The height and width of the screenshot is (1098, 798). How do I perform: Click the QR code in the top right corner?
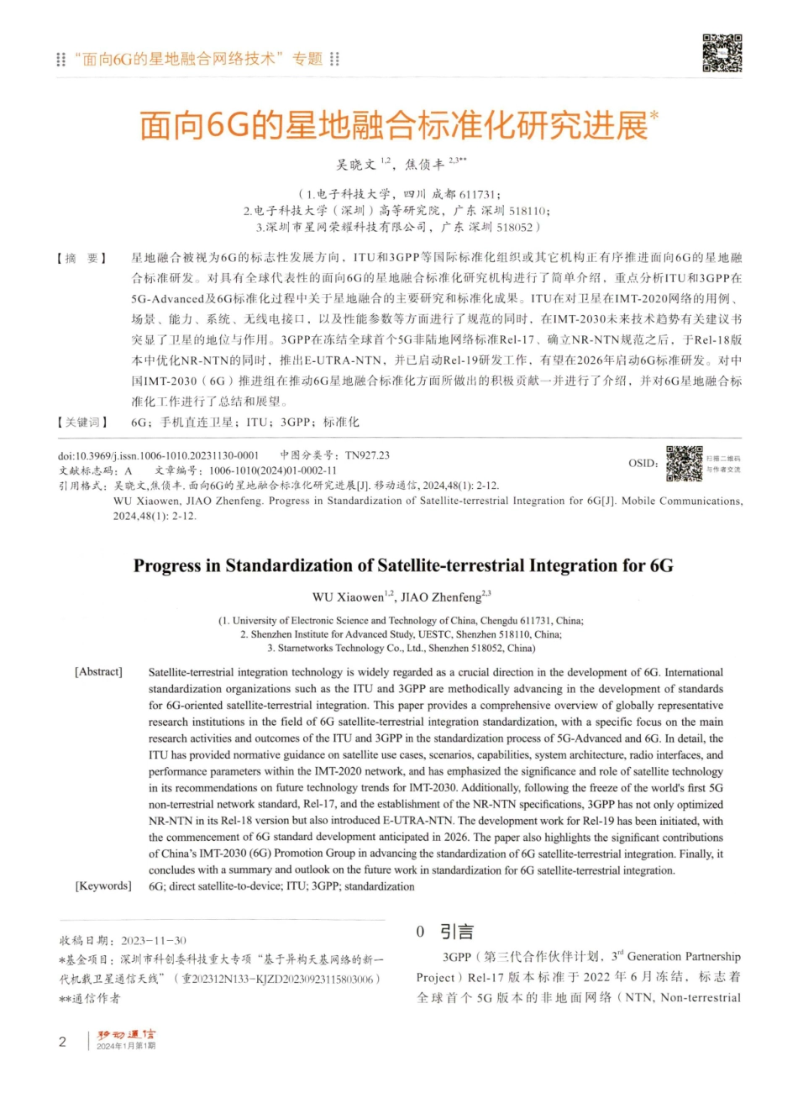(722, 53)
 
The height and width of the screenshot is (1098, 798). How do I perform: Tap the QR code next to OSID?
(684, 464)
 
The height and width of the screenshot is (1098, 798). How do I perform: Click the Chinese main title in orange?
(394, 125)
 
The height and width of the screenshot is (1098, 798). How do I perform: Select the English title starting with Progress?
(403, 565)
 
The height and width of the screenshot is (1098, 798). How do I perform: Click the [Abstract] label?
(99, 672)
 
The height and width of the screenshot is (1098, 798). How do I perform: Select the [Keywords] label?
(103, 885)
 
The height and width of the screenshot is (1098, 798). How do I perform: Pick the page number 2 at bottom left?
(62, 1042)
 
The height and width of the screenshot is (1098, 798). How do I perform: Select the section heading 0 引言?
(445, 932)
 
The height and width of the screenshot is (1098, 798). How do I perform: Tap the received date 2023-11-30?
(154, 940)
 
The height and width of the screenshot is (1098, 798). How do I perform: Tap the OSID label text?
(643, 464)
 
